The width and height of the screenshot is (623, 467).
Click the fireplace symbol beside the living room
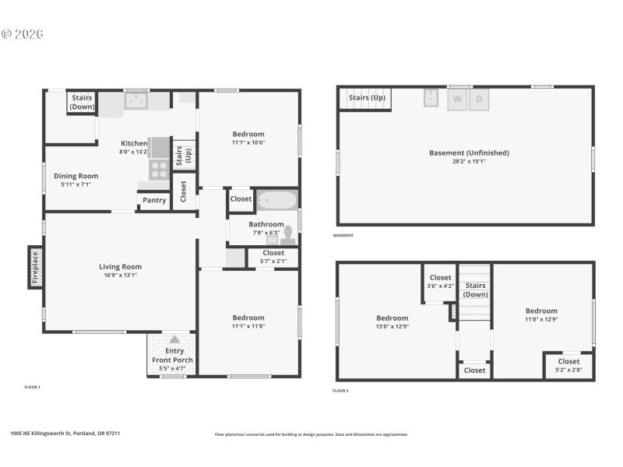point(35,267)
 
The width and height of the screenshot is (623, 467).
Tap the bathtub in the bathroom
point(276,199)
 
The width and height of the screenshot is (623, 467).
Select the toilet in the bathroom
point(288,233)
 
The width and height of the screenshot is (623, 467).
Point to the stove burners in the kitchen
point(159,169)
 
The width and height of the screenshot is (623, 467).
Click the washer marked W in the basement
point(457,99)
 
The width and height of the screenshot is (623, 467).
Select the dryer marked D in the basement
point(479,99)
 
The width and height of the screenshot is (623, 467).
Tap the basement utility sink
point(432,98)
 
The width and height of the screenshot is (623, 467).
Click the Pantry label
point(154,200)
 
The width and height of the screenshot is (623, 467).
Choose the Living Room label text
point(120,266)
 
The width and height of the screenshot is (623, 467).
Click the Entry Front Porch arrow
point(174,339)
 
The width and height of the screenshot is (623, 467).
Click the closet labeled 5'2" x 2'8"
point(568,365)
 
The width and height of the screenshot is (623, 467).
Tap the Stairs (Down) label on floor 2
point(475,290)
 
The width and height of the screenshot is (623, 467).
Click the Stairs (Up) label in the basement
point(367,97)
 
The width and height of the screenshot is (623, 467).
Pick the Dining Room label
point(76,176)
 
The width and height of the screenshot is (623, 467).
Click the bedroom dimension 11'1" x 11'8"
point(248,328)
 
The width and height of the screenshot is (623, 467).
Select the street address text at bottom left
point(65,434)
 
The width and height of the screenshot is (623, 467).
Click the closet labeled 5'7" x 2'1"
point(273,257)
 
